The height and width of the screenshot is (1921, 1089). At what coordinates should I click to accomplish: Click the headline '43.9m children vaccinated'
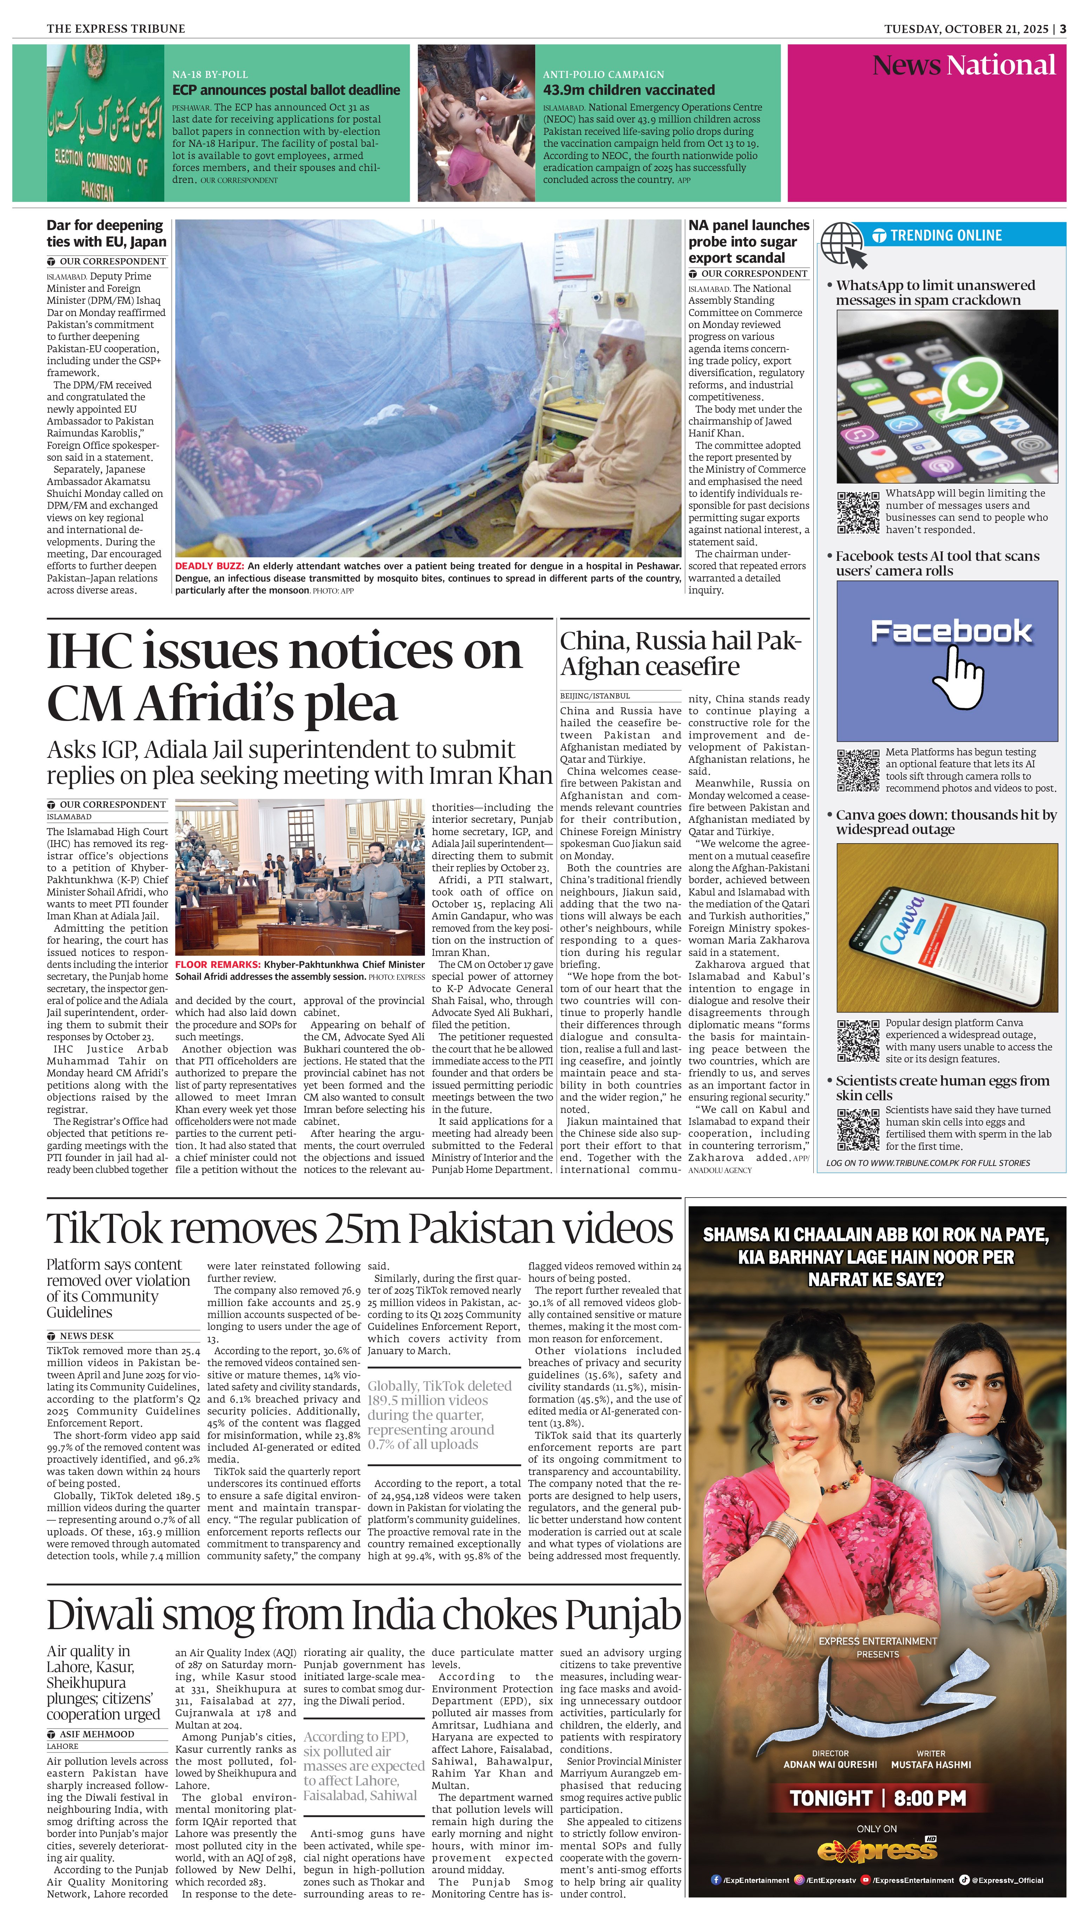tap(628, 90)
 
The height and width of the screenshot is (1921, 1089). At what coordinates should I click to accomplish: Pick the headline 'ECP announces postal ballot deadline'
tap(286, 90)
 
